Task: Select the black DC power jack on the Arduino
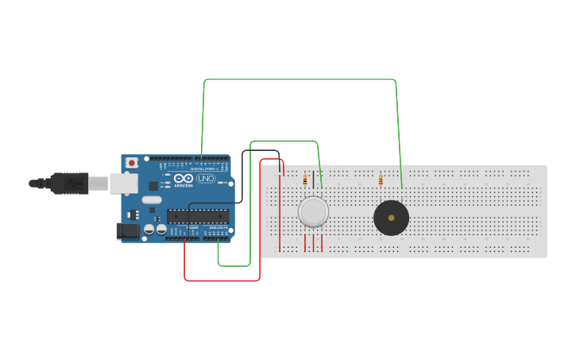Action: coord(126,231)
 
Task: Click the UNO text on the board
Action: coord(205,179)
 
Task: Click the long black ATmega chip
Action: coord(198,215)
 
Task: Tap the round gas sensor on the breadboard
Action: coord(313,212)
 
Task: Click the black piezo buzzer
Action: coord(391,218)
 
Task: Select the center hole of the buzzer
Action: coord(391,218)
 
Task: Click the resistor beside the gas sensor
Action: coord(304,180)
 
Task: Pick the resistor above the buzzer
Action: coord(381,180)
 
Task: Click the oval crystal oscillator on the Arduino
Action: coord(152,200)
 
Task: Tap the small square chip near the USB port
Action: coord(153,185)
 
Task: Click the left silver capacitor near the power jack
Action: coord(149,230)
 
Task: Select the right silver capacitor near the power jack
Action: coord(161,230)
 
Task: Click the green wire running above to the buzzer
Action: coord(302,79)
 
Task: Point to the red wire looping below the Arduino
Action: coord(222,281)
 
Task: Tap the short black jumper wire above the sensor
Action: coord(313,179)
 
